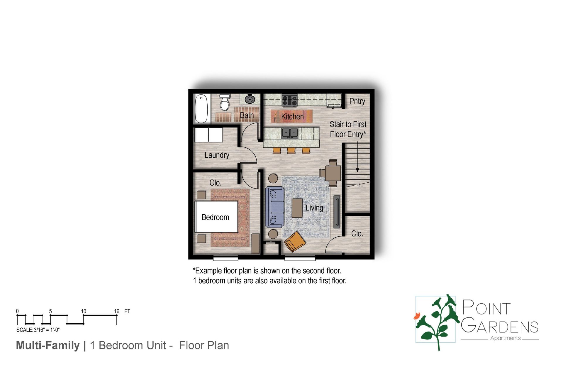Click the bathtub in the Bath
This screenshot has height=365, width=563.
point(201,108)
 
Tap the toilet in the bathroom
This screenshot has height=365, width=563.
point(225,102)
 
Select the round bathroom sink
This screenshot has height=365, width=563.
point(250,99)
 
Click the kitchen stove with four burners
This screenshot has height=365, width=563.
point(290,100)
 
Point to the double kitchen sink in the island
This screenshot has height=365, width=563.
point(290,133)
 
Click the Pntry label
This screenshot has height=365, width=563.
point(357,101)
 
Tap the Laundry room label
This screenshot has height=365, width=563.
point(217,155)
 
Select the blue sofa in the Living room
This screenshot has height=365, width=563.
point(274,207)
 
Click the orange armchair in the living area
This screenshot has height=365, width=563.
point(295,241)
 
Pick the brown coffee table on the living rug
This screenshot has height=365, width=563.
point(297,208)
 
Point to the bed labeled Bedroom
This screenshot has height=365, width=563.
point(216,217)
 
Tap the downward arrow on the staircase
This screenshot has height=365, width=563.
point(357,170)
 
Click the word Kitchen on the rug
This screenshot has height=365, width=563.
point(292,117)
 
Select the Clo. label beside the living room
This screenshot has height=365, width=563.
point(357,234)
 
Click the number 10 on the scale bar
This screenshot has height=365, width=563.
point(84,311)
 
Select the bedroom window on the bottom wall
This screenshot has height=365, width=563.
point(225,258)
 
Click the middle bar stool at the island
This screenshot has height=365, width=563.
point(291,151)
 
